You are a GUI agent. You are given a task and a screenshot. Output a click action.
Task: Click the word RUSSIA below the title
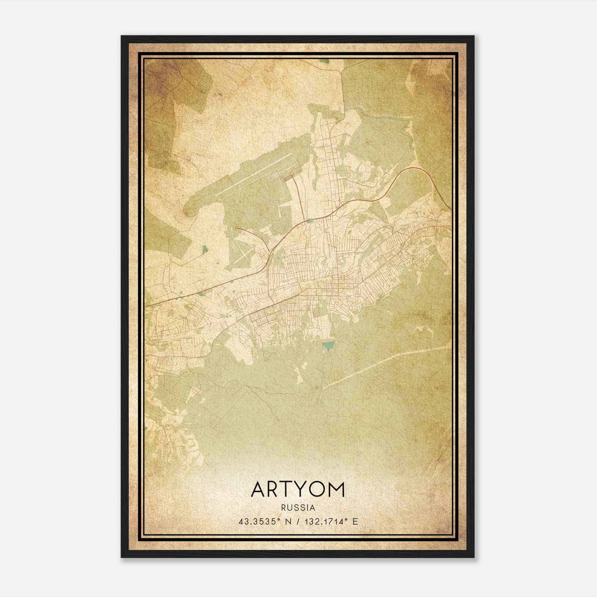point(298,508)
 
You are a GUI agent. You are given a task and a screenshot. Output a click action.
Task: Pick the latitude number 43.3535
point(258,522)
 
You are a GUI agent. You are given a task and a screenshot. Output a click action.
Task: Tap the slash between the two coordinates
point(298,522)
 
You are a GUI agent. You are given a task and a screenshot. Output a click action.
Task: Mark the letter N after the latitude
point(287,522)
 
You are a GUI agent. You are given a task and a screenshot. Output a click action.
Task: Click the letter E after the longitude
point(355,522)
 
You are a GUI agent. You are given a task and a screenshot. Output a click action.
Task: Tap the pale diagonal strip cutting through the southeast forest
point(384,368)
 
